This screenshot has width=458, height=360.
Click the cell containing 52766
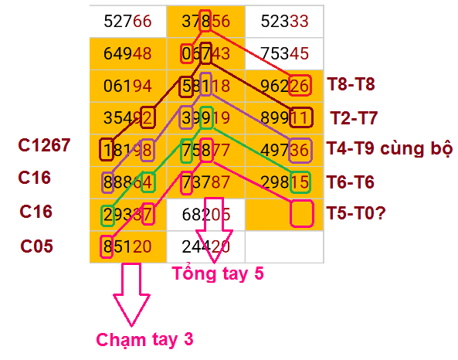point(128,22)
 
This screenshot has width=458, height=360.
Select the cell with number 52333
point(284,22)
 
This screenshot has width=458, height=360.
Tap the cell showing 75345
point(284,54)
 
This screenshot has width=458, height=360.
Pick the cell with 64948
point(128,54)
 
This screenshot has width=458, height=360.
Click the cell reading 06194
point(128,86)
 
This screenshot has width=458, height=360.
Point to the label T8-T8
point(351,84)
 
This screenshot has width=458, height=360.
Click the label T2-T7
point(354,118)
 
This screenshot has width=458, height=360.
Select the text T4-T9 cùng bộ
point(390,148)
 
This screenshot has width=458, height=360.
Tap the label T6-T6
point(350,182)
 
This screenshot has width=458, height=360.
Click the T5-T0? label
point(356,213)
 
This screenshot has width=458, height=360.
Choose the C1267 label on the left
point(44,145)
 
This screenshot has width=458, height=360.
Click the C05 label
point(36,246)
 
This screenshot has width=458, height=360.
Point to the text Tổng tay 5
point(218,273)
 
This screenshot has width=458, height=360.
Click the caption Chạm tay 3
point(145,340)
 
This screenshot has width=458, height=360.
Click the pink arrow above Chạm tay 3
point(131,294)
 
